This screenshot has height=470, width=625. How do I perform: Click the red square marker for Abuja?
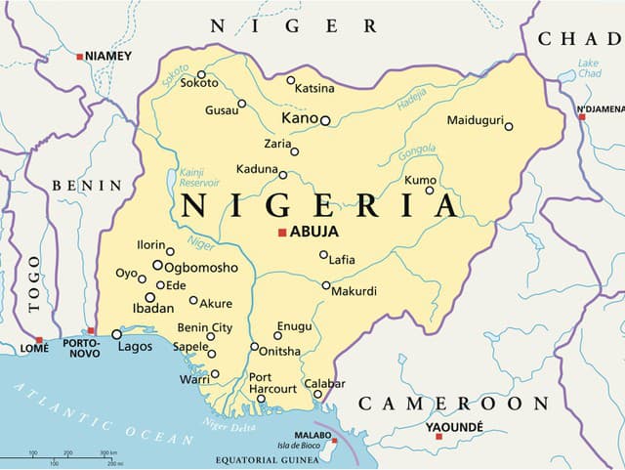click(x=282, y=233)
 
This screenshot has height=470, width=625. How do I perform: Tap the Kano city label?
click(x=299, y=118)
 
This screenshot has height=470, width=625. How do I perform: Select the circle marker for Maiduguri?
click(x=508, y=126)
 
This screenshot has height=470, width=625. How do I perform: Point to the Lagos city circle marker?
click(x=117, y=334)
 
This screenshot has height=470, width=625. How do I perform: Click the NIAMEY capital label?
click(x=108, y=57)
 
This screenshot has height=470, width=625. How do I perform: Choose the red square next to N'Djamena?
click(x=581, y=116)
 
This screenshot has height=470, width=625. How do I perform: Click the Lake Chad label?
click(x=588, y=68)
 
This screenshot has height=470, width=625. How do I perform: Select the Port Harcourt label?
click(x=272, y=383)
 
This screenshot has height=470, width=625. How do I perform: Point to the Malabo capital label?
click(x=314, y=437)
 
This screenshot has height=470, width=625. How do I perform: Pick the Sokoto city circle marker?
click(x=201, y=74)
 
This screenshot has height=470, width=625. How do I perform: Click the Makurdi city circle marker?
click(x=326, y=285)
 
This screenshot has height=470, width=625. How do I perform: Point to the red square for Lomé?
click(x=39, y=339)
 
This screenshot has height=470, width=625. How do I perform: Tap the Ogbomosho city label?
click(x=201, y=267)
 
